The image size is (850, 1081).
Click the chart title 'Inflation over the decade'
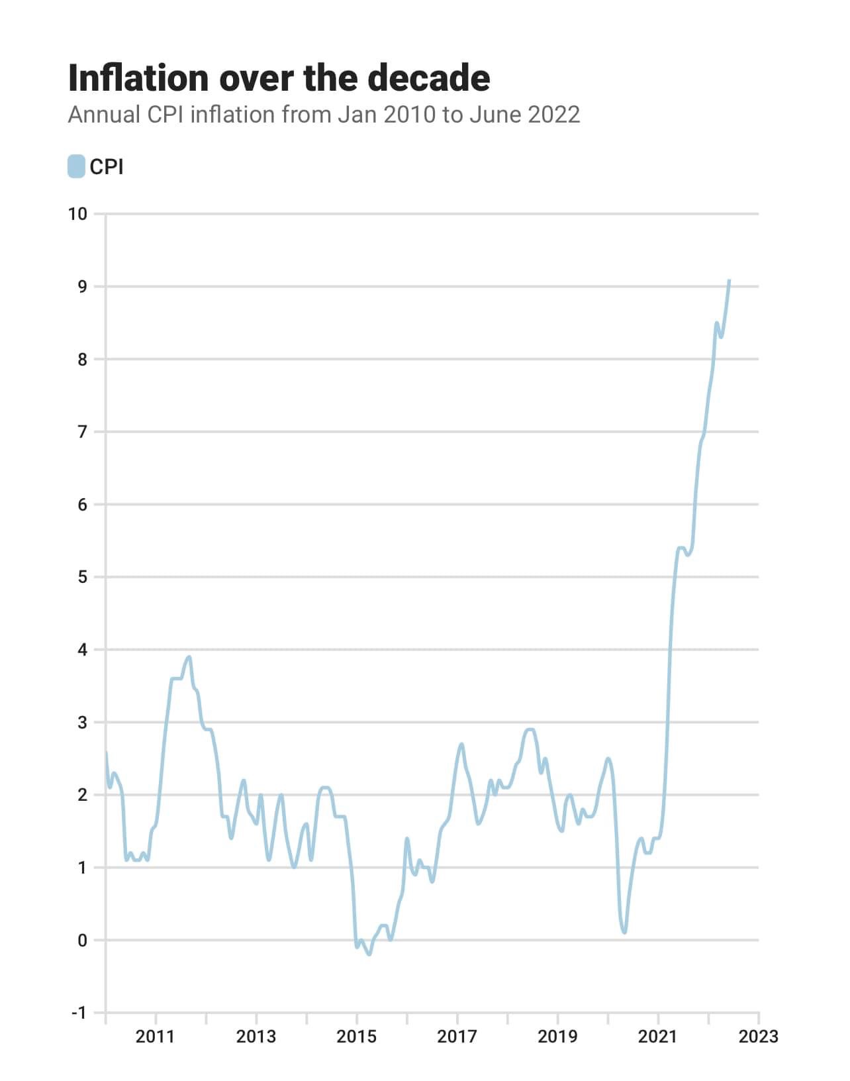point(279,78)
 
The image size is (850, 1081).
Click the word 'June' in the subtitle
point(495,115)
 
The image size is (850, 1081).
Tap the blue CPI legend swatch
point(76,166)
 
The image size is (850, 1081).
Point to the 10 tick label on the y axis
point(77,213)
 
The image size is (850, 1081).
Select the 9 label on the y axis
point(82,286)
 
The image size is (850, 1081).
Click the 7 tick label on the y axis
point(82,432)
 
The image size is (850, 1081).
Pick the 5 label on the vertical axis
point(82,577)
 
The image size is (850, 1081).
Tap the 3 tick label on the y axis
point(82,722)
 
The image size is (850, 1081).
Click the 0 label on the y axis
point(82,940)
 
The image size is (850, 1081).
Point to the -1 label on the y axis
point(79,1013)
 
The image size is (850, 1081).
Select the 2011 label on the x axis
point(155,1036)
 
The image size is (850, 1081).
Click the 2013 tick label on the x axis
point(256,1036)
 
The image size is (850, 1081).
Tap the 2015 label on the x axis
point(356,1036)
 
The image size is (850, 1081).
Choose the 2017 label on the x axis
point(457,1036)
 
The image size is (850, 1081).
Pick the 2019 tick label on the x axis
point(557,1036)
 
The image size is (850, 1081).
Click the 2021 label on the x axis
point(658,1036)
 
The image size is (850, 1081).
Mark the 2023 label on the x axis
point(759,1036)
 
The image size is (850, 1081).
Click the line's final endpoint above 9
point(729,280)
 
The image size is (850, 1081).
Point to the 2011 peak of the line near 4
point(189,657)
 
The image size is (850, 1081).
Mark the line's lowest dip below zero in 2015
point(369,954)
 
